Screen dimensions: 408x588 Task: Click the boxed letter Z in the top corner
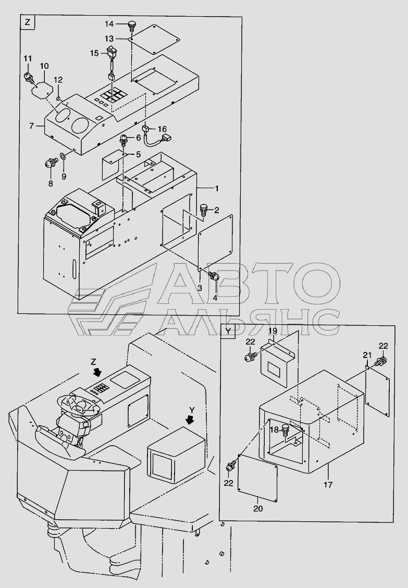(27, 22)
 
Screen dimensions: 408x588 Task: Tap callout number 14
(109, 24)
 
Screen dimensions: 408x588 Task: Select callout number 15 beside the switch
(94, 53)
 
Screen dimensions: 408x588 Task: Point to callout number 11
(28, 58)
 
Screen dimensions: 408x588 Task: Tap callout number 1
(216, 188)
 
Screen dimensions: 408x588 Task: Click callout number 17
(328, 485)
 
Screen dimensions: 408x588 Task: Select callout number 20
(258, 508)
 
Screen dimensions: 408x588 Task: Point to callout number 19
(273, 330)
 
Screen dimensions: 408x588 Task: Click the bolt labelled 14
(132, 26)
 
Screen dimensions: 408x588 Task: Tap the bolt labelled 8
(51, 164)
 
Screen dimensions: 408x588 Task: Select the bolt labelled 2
(205, 209)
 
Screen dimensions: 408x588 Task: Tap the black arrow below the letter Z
(97, 372)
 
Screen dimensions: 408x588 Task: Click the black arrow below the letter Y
(191, 419)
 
